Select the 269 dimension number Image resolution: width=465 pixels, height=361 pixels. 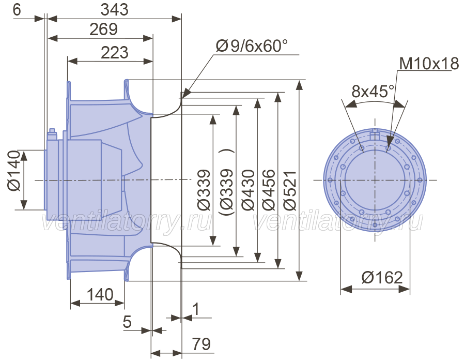(103, 29)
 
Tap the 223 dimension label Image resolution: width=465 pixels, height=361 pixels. (115, 53)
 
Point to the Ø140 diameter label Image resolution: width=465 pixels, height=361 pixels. (13, 171)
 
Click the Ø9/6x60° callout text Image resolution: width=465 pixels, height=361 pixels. (252, 46)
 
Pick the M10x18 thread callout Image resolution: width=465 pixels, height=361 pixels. (429, 64)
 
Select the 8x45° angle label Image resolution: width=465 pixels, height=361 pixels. (373, 91)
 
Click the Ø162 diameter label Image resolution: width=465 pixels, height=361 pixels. (382, 278)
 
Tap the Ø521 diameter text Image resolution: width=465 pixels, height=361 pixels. (290, 191)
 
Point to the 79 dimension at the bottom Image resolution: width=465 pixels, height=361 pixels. (202, 344)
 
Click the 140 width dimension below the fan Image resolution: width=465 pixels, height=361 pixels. (100, 295)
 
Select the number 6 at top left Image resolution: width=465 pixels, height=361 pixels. (17, 10)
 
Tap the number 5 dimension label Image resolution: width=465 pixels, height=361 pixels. (127, 322)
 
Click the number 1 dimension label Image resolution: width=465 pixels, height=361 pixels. (196, 309)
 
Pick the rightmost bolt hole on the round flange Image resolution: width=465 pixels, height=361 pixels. (420, 180)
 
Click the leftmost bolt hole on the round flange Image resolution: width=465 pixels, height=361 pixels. (330, 180)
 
